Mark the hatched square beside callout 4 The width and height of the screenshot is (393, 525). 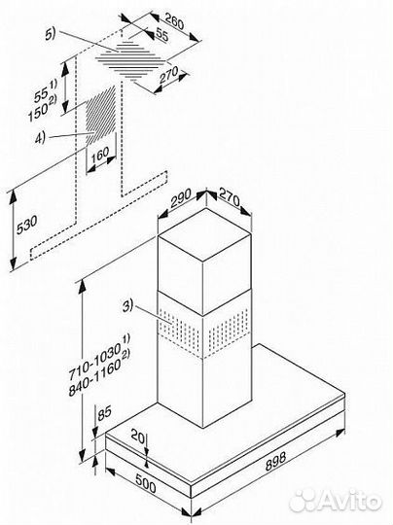97,118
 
